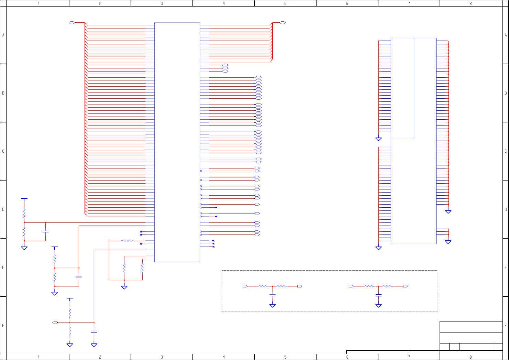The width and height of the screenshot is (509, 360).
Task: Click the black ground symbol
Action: coord(24,248)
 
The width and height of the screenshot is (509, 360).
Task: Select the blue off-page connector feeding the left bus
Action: coord(72,23)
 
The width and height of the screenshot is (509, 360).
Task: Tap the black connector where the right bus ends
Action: coord(283,23)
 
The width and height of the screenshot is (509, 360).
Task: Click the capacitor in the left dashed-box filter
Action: coord(273,295)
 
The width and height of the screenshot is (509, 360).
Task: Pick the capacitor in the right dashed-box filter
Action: coord(378,295)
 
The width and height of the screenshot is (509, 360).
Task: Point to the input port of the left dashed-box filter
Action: coord(245,286)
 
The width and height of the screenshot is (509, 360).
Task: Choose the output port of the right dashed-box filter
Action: coord(406,286)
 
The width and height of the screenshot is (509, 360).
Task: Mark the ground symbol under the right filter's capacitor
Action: coord(378,305)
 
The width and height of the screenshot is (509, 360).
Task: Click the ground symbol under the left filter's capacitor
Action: coord(273,305)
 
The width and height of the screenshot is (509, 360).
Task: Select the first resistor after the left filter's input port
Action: coord(263,286)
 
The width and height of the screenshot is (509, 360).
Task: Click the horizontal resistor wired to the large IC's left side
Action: coord(128,241)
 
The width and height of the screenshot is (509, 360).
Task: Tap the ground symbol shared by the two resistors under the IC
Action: coord(124,287)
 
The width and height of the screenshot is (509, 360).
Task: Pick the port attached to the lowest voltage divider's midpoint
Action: coord(55,323)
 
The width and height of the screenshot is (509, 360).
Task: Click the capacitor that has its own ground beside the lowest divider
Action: coord(94,331)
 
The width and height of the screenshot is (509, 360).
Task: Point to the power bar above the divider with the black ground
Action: coord(24,198)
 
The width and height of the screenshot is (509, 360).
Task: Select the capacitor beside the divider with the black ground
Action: coord(45,232)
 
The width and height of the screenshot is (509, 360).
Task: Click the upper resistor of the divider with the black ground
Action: coord(24,214)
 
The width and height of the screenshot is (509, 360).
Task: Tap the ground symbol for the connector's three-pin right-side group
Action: coord(448,242)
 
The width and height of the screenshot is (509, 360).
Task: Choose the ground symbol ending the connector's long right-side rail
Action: coord(448,211)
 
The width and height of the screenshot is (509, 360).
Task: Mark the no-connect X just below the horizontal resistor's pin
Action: coord(141,244)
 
